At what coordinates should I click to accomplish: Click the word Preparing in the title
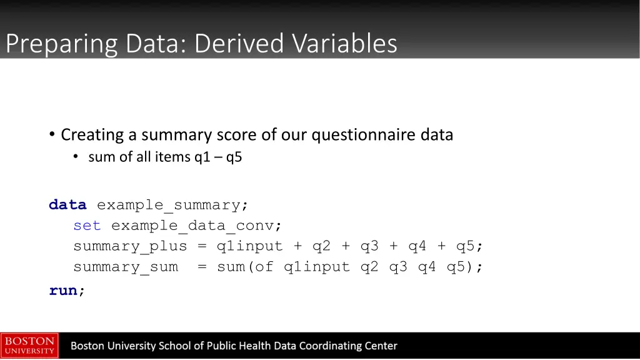coord(62,44)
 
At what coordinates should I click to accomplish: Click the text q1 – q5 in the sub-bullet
coord(217,157)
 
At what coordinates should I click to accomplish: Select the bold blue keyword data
coord(67,205)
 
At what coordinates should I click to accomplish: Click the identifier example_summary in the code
coord(172,205)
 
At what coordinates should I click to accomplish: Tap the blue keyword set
coord(87,226)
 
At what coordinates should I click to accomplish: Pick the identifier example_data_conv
coord(196,226)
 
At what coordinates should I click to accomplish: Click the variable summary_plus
coord(130,246)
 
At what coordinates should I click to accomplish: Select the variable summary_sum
coord(125,267)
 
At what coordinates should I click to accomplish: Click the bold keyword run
coord(63,291)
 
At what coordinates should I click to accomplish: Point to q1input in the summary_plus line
coord(249,246)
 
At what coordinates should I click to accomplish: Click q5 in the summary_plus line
coord(465,246)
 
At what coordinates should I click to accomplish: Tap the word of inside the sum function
coord(264,267)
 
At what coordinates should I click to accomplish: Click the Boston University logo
coord(29,346)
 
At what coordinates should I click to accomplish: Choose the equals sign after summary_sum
coord(201,267)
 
